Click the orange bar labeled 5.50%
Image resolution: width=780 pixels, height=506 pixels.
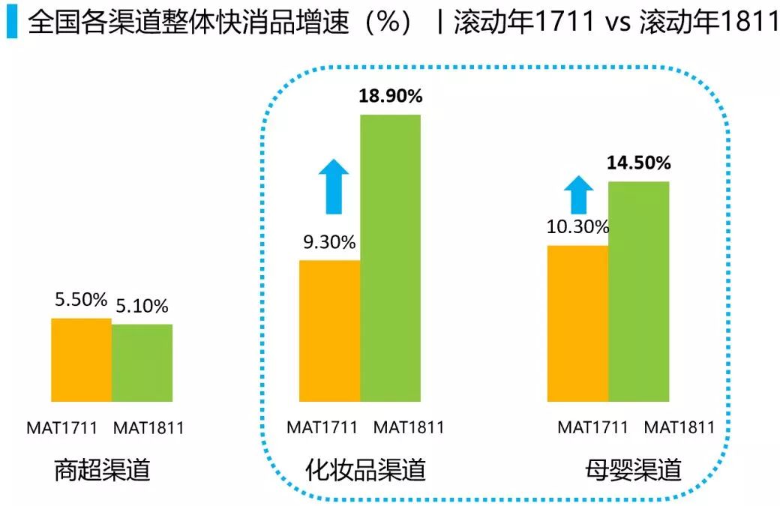coord(81,360)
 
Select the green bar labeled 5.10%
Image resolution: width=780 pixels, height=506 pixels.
coord(142,363)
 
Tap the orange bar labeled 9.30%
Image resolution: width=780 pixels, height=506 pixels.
coord(329,331)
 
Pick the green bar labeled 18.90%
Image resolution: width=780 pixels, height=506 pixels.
coord(390,258)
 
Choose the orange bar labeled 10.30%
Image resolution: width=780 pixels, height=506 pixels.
coord(577,323)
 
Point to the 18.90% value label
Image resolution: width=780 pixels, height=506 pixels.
coord(391,97)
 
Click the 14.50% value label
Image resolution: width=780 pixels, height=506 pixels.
coord(639,163)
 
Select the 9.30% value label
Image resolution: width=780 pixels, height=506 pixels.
coord(329,242)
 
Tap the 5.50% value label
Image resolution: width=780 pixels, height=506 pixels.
coord(81,300)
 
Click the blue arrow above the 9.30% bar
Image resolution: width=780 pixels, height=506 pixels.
coord(334,188)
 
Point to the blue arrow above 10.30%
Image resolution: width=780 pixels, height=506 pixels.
coord(578,194)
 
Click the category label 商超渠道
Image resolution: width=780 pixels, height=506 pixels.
coord(103,470)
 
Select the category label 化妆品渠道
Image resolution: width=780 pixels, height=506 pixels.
coord(366,470)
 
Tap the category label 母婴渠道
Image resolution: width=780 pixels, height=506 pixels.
coord(634,470)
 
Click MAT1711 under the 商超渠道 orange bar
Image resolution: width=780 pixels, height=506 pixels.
coord(62,429)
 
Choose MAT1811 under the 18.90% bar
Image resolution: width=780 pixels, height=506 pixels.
coord(409,427)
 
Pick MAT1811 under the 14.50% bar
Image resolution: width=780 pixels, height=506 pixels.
coord(679,427)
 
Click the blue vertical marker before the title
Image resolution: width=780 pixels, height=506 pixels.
coord(11,24)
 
